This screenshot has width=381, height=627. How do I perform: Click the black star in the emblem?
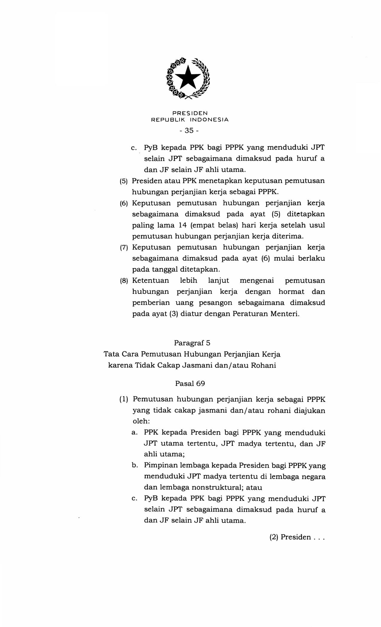point(188,77)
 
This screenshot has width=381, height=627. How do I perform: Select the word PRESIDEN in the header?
point(190,113)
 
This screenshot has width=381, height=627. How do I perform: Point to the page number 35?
point(189,130)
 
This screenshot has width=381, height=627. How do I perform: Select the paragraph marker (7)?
point(124,248)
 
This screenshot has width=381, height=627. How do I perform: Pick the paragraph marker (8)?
point(124,281)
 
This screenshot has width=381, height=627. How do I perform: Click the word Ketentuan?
point(150,281)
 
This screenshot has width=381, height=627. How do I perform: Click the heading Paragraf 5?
point(190,343)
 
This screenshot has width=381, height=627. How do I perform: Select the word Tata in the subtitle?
point(111,354)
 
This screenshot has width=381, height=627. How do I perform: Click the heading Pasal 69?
point(190,384)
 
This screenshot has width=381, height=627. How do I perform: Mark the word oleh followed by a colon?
point(141,421)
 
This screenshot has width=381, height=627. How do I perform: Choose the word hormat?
point(291,292)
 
